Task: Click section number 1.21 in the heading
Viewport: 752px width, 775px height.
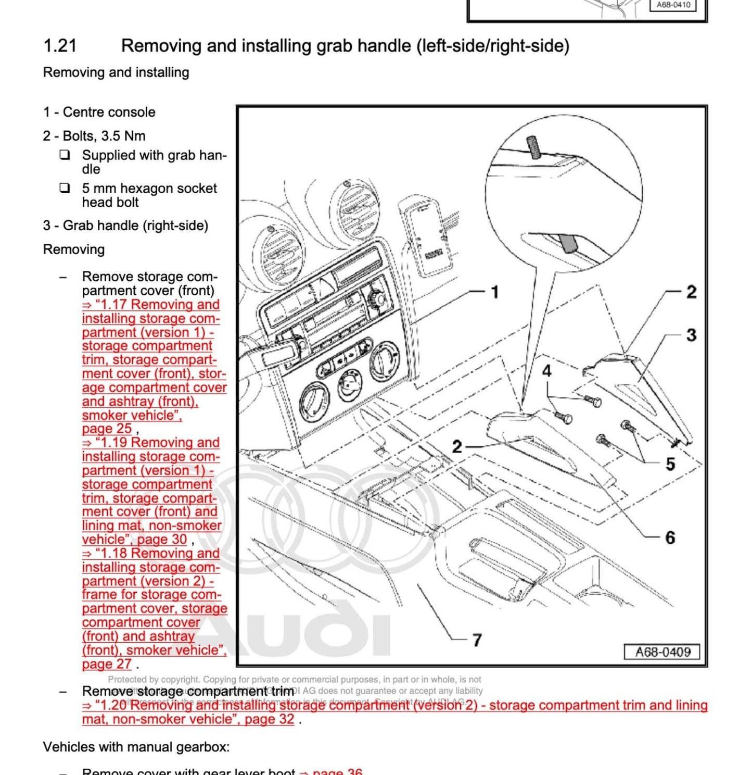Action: (60, 46)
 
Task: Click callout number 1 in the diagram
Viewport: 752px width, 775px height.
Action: (495, 292)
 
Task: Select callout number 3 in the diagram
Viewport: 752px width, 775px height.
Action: (691, 335)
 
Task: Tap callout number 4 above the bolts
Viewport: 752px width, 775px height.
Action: (546, 371)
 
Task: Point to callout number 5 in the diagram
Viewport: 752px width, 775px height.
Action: (670, 464)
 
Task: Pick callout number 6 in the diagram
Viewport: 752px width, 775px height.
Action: (670, 537)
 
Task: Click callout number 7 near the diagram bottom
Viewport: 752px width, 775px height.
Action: (477, 640)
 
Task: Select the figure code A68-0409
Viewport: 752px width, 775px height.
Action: (662, 652)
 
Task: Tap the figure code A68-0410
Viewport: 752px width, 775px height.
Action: (673, 5)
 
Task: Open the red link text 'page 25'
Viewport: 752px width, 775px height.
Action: (107, 429)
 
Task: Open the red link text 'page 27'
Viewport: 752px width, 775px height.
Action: (107, 664)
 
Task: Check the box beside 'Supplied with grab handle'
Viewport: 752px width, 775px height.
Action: (65, 155)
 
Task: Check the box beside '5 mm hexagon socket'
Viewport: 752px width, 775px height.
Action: (65, 188)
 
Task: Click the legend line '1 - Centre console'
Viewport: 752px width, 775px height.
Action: (99, 112)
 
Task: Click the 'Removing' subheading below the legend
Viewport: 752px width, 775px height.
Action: (73, 249)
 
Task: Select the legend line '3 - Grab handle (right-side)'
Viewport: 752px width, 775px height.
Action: (125, 226)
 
